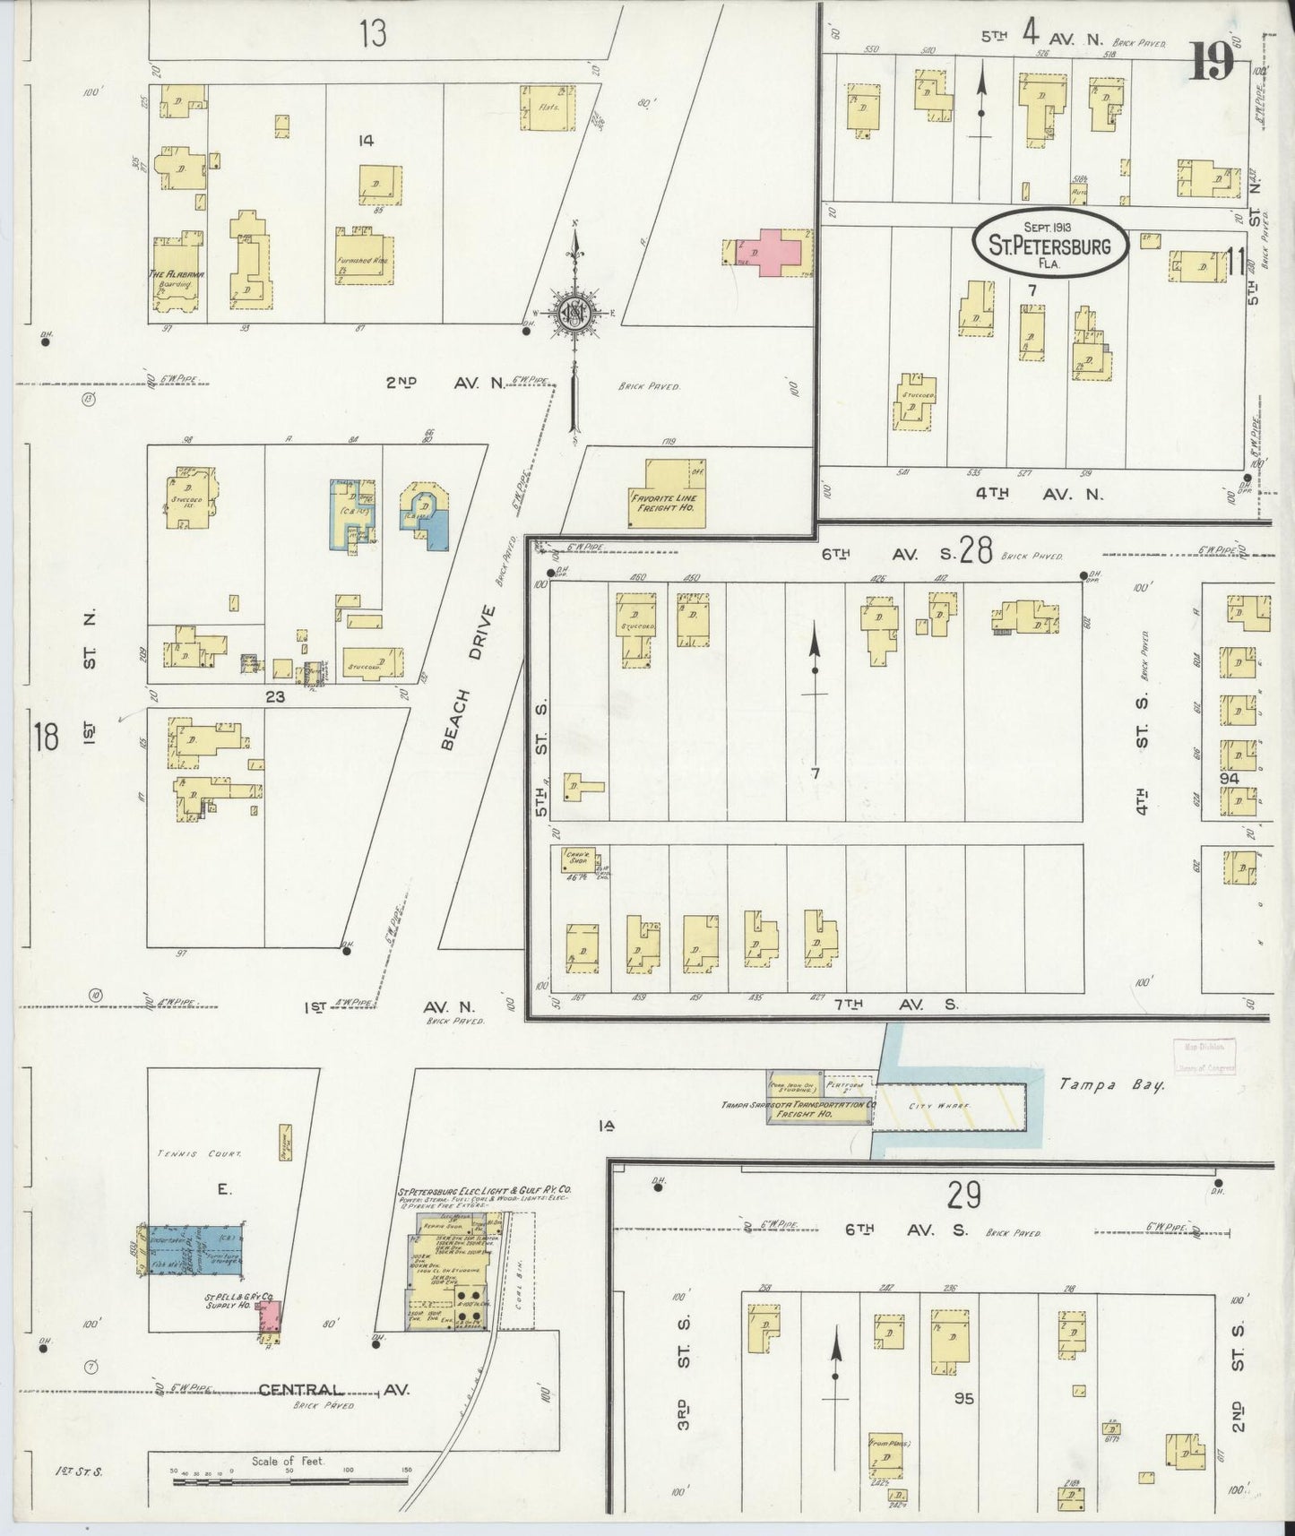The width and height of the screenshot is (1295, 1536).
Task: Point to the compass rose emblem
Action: pos(573,313)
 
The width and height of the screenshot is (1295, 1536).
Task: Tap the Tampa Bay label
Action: pos(1110,1085)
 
